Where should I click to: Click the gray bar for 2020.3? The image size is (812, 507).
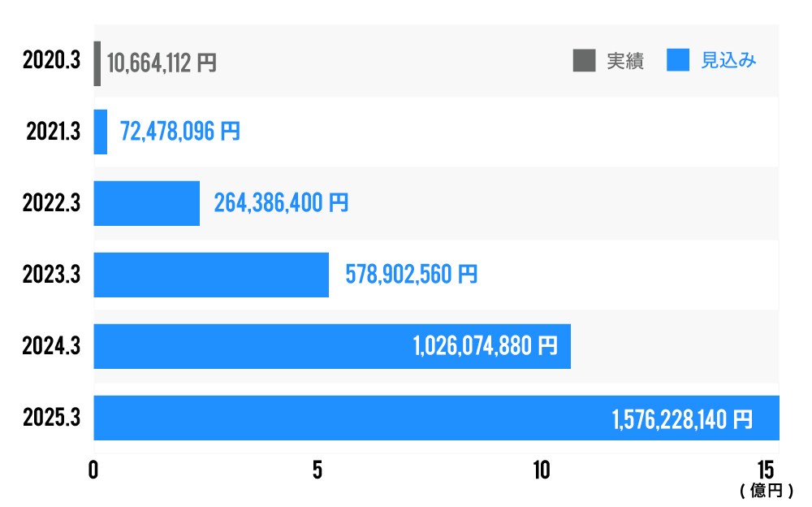97,63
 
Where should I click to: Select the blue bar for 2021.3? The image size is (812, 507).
101,132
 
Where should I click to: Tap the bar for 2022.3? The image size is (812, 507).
147,203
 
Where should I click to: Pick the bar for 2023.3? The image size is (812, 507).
211,275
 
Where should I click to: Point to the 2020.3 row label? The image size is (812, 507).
52,61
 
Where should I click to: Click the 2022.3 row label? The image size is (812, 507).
52,203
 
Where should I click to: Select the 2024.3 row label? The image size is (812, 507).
52,346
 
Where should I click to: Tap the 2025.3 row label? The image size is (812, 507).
52,418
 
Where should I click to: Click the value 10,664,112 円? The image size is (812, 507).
162,63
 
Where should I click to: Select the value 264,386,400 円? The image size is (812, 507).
281,203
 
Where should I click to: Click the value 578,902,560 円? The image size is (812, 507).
412,275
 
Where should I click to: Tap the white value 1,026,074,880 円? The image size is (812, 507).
486,347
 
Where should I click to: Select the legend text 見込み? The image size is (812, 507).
728,61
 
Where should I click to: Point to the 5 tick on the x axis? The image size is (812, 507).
317,471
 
